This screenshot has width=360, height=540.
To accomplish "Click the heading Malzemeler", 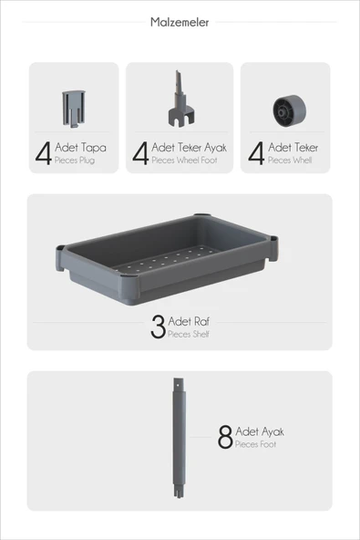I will (x=180, y=22).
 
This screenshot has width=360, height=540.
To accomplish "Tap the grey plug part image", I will (x=73, y=108).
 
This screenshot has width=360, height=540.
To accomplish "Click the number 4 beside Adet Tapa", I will (x=43, y=153).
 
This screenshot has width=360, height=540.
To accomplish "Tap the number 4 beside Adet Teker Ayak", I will (x=140, y=153).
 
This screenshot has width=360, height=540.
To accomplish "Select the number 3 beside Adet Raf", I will (x=158, y=327).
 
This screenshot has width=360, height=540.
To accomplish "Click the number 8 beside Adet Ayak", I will (x=225, y=438).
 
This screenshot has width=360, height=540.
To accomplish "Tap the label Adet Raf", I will (x=182, y=322).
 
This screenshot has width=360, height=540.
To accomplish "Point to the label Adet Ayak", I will (x=260, y=432).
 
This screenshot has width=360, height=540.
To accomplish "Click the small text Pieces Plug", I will (x=74, y=161).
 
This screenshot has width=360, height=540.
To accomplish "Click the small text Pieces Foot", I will (x=255, y=445).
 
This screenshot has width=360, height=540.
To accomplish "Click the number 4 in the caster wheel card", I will (x=256, y=153).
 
